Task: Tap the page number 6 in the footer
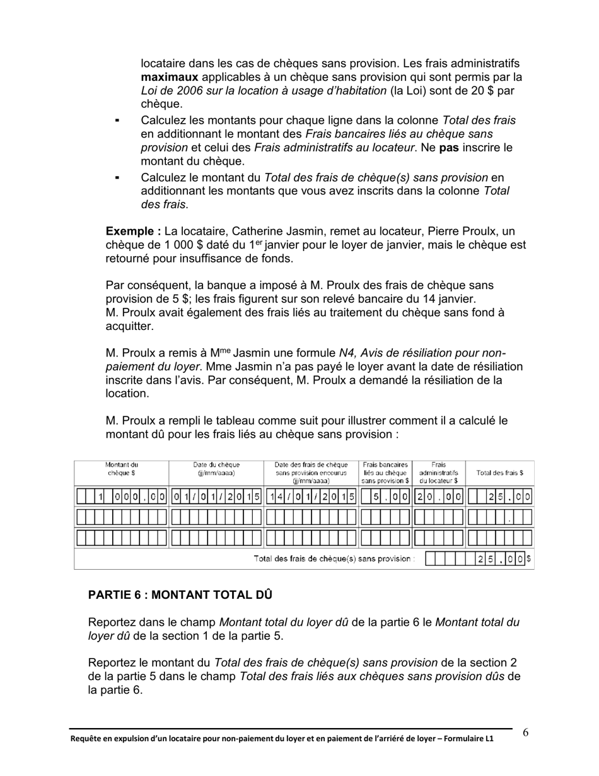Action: (x=525, y=732)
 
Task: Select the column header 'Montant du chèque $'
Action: (x=121, y=469)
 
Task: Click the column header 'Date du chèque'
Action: (x=216, y=469)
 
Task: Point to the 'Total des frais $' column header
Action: (x=499, y=473)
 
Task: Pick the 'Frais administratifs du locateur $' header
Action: (x=438, y=473)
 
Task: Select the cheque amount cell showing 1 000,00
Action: (x=121, y=497)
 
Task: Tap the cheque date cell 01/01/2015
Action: (x=216, y=497)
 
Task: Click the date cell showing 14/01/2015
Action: (x=311, y=497)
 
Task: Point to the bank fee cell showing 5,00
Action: (x=385, y=497)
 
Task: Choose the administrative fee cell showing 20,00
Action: (x=439, y=497)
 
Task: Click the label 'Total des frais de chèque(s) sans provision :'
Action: (x=334, y=559)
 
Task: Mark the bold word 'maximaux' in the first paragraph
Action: (x=169, y=77)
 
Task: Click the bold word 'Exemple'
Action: (x=131, y=231)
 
